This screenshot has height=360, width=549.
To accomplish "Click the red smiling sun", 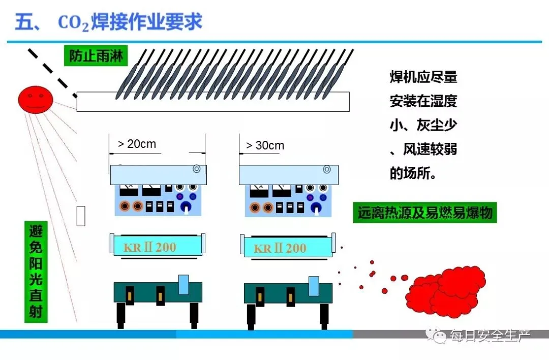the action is pos(36,99).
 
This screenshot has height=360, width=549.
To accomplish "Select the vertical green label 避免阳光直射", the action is pos(36,272).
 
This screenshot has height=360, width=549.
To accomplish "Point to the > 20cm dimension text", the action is pos(137,144).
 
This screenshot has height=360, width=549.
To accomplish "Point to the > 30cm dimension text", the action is pos(265,145).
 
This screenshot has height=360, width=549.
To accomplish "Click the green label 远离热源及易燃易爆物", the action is pos(424,213).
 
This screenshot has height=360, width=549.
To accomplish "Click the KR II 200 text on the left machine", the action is pos(149,248).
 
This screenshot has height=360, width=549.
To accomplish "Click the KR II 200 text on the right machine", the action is pos(280,248).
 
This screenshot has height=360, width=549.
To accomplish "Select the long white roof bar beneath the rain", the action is pos(213,101).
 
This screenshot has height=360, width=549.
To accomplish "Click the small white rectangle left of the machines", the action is pos(81,216).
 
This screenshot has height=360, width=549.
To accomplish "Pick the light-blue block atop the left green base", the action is pos(184,284).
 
